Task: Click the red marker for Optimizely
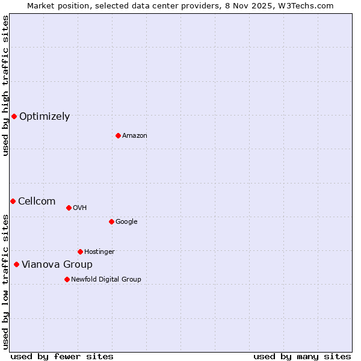click(14, 116)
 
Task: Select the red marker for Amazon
click(118, 135)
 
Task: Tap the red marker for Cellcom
click(13, 201)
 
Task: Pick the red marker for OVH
click(69, 208)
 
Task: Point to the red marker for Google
click(111, 221)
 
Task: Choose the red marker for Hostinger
click(80, 251)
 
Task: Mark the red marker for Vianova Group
click(16, 264)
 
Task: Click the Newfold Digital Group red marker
click(67, 279)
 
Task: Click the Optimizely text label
click(45, 117)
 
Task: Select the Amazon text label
click(135, 136)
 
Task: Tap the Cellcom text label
click(37, 202)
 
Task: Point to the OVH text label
click(80, 208)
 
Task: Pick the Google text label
click(126, 222)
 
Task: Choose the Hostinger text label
click(99, 252)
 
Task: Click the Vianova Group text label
click(57, 265)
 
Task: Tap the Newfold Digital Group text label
click(106, 280)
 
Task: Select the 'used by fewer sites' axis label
click(62, 356)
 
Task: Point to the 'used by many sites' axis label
click(302, 356)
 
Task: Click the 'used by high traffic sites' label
click(5, 85)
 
